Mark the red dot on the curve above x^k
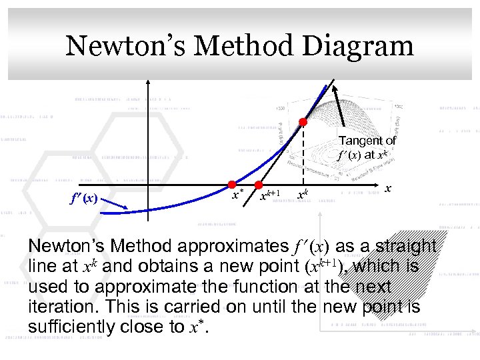tap(303, 122)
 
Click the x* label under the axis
tap(237, 195)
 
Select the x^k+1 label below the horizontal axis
tap(269, 195)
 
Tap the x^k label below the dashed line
tap(303, 195)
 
